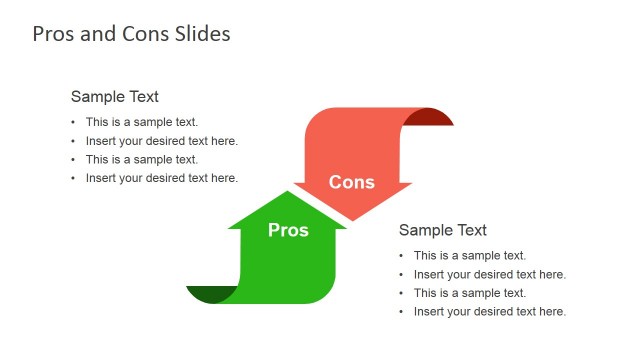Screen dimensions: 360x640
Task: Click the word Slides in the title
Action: [198, 34]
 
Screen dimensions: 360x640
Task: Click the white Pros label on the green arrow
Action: [288, 230]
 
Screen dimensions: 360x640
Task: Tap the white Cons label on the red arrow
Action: [352, 182]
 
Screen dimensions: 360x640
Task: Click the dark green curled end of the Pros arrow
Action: [212, 294]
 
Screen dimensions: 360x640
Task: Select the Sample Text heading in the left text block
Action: [114, 97]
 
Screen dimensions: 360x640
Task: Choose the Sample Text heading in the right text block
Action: [442, 230]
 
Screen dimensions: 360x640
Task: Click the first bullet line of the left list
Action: [141, 122]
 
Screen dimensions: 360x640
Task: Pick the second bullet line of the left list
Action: [161, 141]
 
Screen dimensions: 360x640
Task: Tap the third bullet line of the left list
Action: [141, 159]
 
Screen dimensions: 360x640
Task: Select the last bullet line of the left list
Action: [161, 178]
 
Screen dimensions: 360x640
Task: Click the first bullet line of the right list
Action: [469, 255]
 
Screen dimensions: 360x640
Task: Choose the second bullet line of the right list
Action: [489, 274]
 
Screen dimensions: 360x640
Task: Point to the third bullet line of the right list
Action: [469, 293]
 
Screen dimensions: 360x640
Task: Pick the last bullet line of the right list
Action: [489, 311]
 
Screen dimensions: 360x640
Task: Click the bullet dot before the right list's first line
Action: [402, 256]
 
